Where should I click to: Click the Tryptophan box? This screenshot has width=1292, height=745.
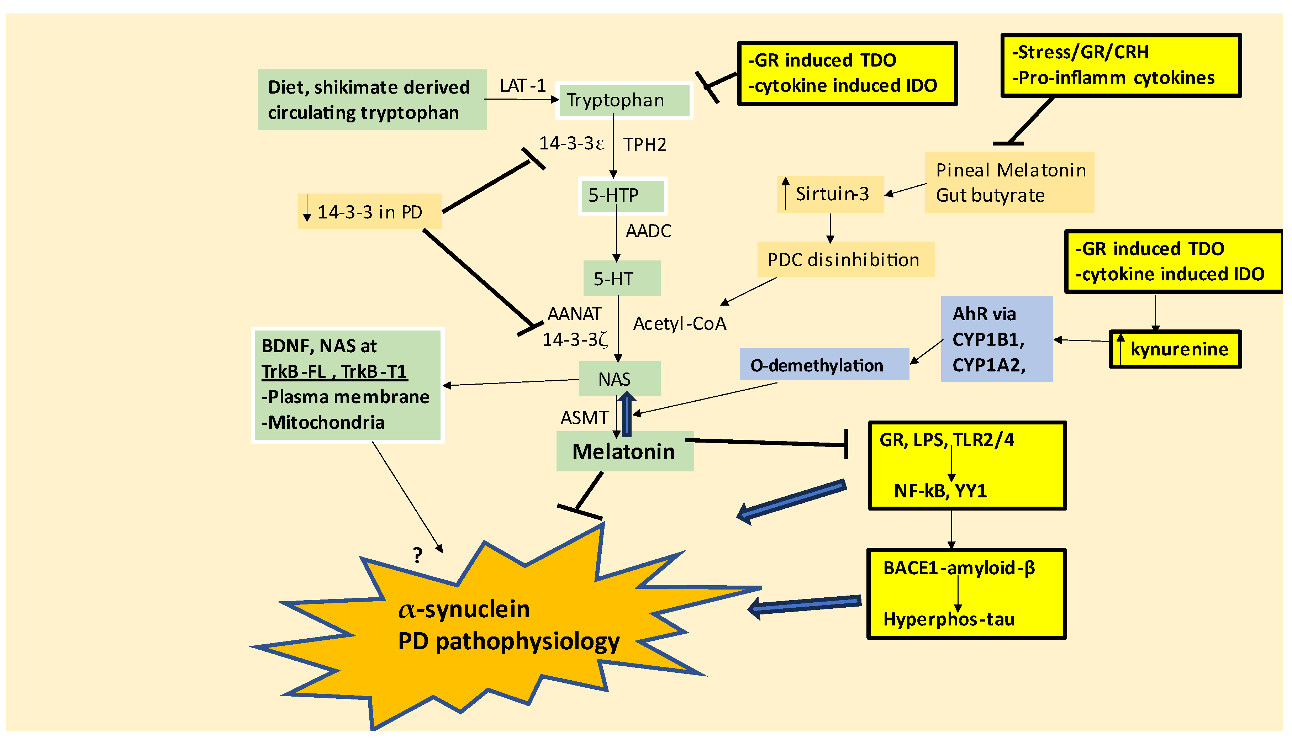click(x=624, y=100)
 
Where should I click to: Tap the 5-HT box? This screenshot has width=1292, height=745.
click(x=621, y=278)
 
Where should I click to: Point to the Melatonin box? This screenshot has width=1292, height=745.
click(x=624, y=451)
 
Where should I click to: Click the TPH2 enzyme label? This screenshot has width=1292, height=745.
click(x=645, y=145)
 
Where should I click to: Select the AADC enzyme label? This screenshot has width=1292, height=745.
click(x=648, y=231)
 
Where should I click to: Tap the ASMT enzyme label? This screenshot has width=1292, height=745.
click(x=584, y=418)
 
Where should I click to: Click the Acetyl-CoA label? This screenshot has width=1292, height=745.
click(x=680, y=324)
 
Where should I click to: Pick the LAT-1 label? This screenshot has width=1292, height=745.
click(x=522, y=85)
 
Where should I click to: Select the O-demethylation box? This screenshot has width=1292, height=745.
click(x=823, y=365)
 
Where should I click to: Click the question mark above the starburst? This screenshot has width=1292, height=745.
click(x=417, y=555)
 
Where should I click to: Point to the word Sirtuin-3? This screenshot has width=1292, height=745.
click(x=832, y=194)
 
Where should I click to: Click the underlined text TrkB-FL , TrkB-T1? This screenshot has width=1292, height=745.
click(x=334, y=371)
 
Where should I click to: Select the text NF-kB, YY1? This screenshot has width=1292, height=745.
click(x=940, y=491)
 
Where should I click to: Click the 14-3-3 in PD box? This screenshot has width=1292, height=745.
click(x=369, y=212)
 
